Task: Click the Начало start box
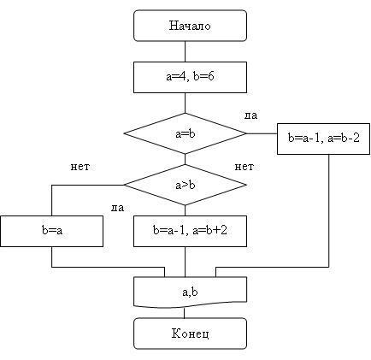[x=190, y=26]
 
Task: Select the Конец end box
[x=190, y=333]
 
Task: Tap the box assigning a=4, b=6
[x=190, y=77]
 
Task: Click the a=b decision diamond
[x=185, y=133]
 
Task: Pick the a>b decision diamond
[x=185, y=185]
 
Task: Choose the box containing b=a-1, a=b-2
[x=323, y=139]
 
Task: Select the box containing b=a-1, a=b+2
[x=190, y=231]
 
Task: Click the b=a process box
[x=51, y=231]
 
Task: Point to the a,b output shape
[x=190, y=292]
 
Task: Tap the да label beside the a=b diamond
[x=251, y=115]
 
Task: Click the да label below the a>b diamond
[x=117, y=208]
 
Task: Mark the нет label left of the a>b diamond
[x=80, y=167]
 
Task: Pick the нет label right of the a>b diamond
[x=244, y=167]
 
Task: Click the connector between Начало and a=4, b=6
[x=185, y=51]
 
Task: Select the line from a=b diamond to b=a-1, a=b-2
[x=262, y=133]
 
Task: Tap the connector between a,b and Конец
[x=185, y=313]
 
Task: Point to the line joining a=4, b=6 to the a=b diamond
[x=185, y=103]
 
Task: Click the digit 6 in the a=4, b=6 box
[x=211, y=76]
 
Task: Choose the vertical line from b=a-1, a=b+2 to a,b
[x=185, y=262]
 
